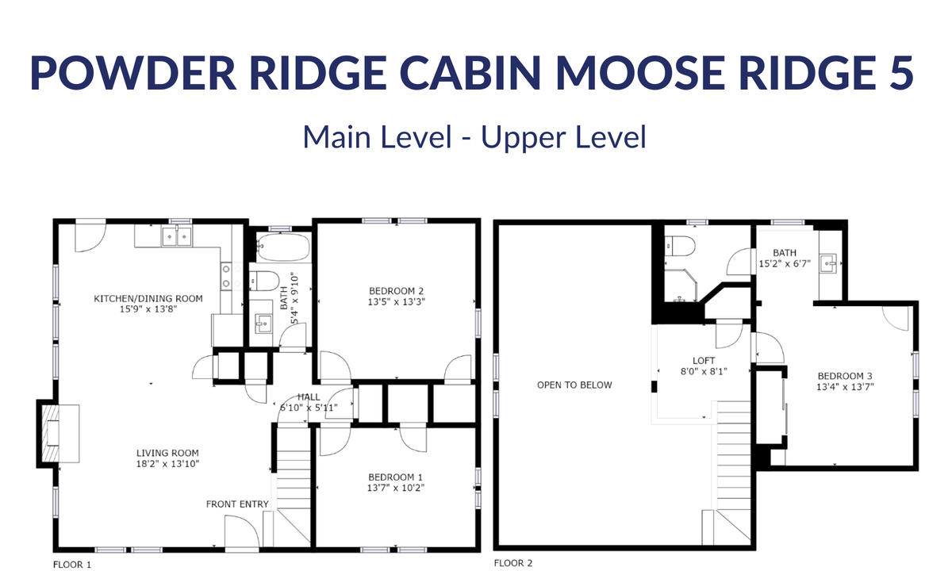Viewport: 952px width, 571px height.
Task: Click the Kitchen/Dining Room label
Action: click(148, 299)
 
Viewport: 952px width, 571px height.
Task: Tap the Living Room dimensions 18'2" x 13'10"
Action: click(167, 464)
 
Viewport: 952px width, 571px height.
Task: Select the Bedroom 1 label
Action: click(396, 477)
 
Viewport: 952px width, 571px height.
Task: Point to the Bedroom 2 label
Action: click(396, 291)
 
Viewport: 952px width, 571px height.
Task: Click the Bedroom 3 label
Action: click(845, 376)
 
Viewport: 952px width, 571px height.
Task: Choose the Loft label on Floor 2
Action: click(704, 361)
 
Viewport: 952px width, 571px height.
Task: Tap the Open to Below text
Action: click(574, 385)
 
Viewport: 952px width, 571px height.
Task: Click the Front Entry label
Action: click(237, 504)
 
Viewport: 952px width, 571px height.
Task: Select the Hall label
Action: click(309, 397)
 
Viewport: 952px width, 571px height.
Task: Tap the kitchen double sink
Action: click(176, 236)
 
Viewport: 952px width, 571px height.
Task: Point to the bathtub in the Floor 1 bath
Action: click(282, 247)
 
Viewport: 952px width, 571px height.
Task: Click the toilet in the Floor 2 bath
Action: click(680, 247)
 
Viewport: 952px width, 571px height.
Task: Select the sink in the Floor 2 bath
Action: click(828, 264)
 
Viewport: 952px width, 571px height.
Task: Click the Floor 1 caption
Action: click(72, 565)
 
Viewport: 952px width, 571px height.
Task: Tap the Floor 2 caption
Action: click(513, 563)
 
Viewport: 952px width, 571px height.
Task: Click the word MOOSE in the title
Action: click(640, 73)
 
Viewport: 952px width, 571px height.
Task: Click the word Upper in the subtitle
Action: click(521, 138)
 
